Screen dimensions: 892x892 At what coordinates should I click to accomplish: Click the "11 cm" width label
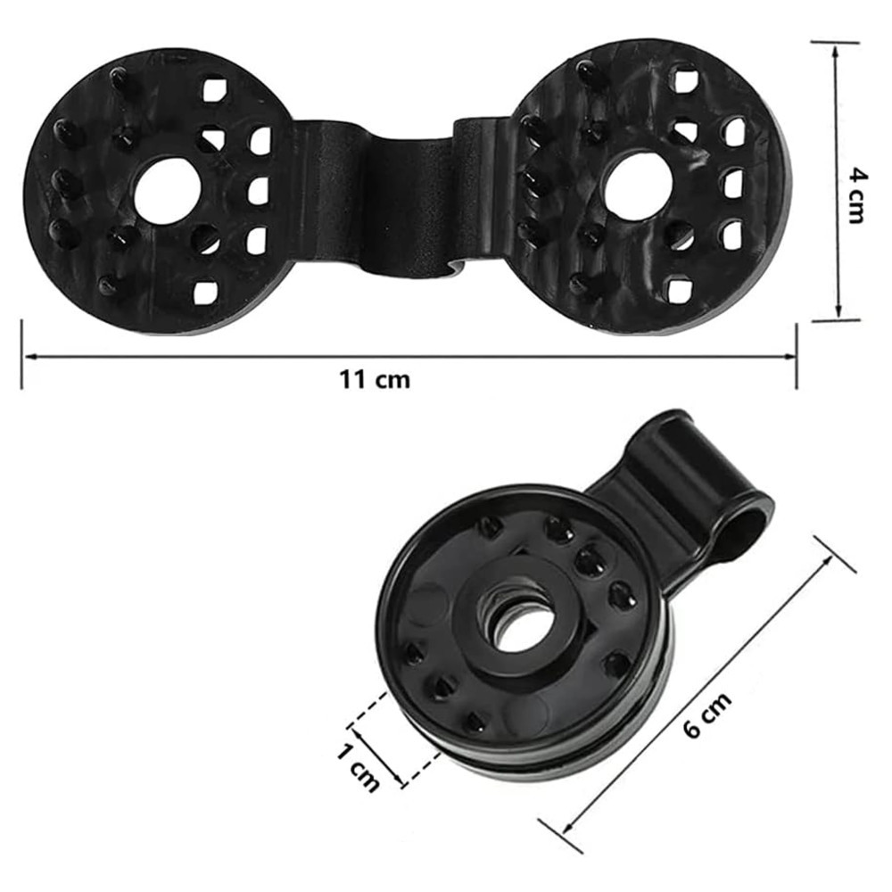(x=375, y=379)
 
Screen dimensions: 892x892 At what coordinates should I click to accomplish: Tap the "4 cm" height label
(x=854, y=195)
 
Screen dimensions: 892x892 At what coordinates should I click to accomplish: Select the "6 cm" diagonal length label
(x=707, y=715)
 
